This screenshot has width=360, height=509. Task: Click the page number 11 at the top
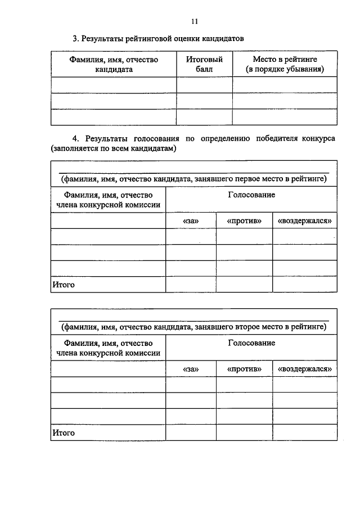click(195, 21)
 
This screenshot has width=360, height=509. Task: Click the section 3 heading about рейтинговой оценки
click(159, 39)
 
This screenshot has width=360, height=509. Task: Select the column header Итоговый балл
click(204, 64)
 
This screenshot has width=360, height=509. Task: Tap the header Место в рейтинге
click(285, 64)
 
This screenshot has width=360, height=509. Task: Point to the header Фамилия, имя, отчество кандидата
click(114, 64)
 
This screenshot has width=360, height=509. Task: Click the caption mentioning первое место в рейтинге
click(193, 179)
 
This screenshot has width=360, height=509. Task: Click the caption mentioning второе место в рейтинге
click(193, 326)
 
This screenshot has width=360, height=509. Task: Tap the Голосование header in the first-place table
click(251, 195)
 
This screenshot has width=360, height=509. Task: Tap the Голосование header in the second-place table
click(251, 343)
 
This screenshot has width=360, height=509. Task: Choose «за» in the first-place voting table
click(191, 221)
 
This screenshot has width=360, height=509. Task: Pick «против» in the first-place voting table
click(245, 221)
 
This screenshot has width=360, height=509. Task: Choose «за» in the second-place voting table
click(191, 369)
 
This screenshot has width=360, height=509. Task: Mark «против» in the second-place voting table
click(245, 369)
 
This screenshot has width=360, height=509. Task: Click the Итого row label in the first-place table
click(64, 285)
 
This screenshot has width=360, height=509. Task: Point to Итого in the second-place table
click(64, 433)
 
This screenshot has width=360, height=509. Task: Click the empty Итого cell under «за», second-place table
click(191, 433)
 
